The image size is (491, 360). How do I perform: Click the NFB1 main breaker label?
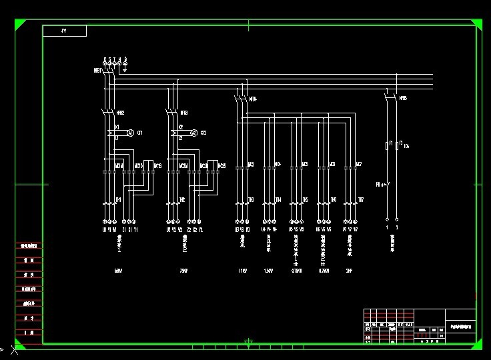coord(97,70)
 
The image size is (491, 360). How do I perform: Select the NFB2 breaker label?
coord(120,113)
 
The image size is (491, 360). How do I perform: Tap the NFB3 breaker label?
coord(184,113)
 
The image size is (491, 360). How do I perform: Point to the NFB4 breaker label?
coord(253,99)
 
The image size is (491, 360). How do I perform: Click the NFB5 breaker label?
coord(402,99)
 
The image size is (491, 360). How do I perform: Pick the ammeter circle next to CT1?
coord(131,133)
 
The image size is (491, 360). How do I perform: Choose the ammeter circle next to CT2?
coord(194,133)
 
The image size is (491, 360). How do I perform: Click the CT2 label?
coord(203,133)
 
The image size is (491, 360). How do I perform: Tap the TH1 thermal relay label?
coord(119,199)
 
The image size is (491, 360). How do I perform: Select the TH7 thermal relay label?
coord(361,199)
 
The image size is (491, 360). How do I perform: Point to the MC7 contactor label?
coord(359,164)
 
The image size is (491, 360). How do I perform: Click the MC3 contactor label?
coord(251,164)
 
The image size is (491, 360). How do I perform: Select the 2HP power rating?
coord(349,271)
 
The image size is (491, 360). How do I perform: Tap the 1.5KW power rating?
coord(268,271)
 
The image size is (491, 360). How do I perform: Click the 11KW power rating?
coord(242,271)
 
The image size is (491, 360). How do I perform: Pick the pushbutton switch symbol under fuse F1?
coord(382,183)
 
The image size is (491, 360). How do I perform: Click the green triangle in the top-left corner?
coord(19,25)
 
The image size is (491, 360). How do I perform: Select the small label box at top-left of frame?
coord(65,31)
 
